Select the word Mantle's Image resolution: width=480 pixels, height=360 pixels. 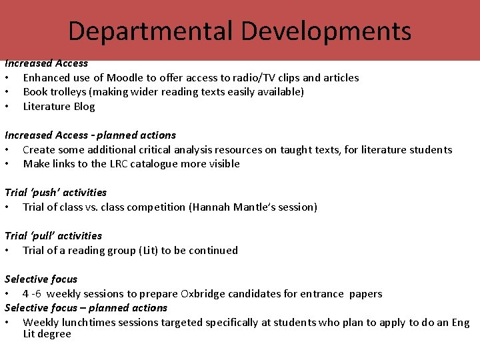(255, 207)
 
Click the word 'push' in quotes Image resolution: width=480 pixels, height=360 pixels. (44, 193)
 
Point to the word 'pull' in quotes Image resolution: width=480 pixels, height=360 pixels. (42, 236)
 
